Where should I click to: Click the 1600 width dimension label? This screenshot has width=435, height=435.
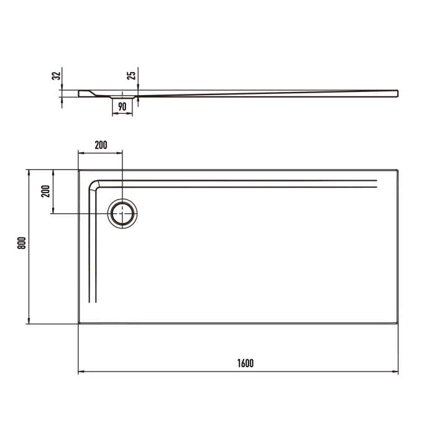245,363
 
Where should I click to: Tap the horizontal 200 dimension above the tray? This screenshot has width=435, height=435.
101,145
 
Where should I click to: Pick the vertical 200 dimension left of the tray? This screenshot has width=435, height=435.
45,191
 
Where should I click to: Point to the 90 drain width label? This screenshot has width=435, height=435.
122,106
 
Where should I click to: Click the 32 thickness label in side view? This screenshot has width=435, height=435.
56,76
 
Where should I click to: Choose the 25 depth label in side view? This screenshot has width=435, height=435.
130,76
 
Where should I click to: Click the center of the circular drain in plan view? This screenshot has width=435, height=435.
123,213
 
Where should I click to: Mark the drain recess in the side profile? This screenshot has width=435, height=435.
122,98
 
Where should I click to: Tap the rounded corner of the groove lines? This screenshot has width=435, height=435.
95,185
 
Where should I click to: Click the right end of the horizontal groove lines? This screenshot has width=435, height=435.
377,182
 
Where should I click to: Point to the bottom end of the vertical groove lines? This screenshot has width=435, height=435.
93,301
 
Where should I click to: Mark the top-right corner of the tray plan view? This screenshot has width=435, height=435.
398,170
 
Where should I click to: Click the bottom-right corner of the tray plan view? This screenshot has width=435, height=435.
398,323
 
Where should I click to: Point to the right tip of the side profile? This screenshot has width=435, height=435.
398,93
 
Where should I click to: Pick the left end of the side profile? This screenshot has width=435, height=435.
80,93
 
